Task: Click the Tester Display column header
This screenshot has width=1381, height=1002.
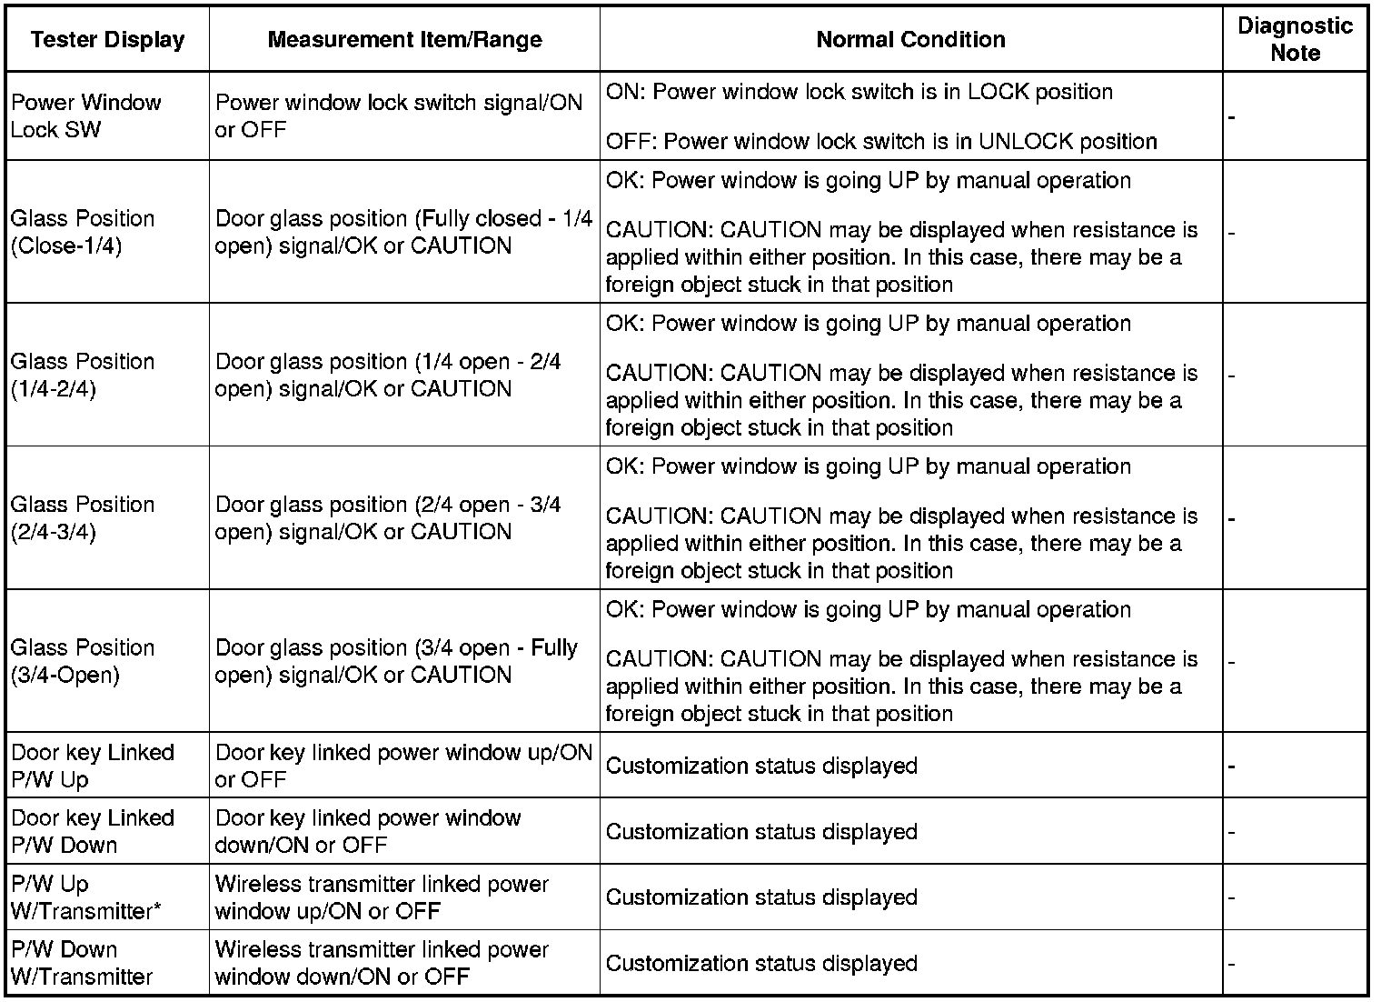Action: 107,40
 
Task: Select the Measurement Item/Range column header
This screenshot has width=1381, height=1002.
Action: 404,40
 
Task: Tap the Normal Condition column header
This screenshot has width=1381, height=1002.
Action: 910,40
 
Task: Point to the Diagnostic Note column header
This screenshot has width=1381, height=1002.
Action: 1295,39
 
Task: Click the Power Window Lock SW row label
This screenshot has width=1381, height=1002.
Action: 85,115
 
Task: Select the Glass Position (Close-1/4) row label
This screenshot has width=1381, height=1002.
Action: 83,232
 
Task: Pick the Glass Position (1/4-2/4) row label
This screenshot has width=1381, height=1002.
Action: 83,375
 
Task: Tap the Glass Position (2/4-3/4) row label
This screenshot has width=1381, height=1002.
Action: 83,517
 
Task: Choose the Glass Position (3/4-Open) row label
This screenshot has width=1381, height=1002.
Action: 83,661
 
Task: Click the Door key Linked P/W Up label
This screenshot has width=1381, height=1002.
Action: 92,766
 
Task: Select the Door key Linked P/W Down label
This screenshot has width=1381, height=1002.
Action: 92,831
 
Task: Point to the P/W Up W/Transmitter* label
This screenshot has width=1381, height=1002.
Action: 86,897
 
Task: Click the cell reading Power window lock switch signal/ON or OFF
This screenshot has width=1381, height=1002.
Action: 398,115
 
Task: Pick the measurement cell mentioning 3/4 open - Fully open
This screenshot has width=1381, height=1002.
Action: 396,661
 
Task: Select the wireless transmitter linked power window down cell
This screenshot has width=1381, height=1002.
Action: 382,963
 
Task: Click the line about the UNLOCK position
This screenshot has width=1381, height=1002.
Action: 881,141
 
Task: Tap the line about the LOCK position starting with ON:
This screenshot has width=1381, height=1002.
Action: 859,92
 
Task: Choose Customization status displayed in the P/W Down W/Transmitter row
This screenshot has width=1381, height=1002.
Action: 761,963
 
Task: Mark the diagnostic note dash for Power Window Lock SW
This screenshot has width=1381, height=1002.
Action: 1231,117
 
